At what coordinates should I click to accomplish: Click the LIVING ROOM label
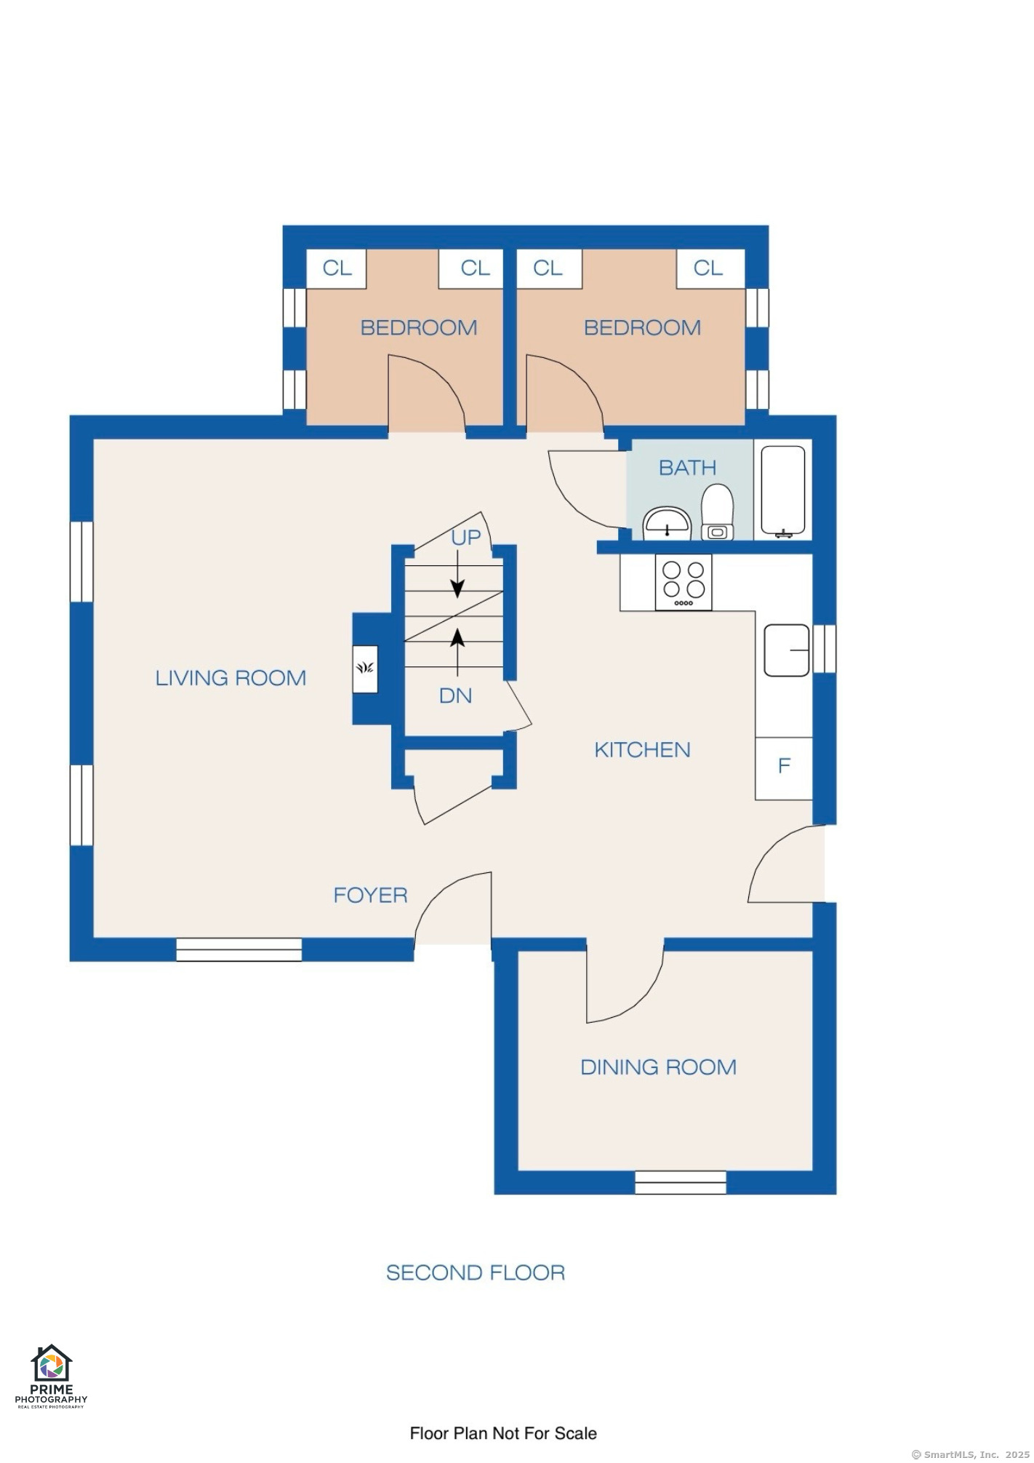pos(231,678)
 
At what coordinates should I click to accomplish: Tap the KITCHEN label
pos(642,750)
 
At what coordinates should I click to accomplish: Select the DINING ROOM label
pos(658,1067)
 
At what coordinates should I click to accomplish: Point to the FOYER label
pos(370,895)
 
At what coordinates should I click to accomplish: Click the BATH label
pos(687,468)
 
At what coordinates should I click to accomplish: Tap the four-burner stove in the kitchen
pos(684,582)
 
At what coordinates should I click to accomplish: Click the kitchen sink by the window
pos(787,650)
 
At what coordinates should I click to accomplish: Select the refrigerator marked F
pos(784,768)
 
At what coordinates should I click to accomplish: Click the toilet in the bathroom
pos(718,512)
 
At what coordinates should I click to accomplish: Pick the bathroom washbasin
pos(667,524)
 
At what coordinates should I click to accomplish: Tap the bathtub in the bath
pos(783,491)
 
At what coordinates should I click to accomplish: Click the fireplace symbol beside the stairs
pos(365,669)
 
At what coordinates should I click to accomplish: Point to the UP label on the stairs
pos(466,538)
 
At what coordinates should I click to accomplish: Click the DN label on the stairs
pos(456,696)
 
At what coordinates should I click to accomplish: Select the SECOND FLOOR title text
pos(476,1272)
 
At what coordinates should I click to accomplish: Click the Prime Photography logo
pos(51,1376)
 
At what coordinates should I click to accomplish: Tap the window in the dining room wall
pos(681,1182)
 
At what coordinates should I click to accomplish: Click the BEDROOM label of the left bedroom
pos(419,327)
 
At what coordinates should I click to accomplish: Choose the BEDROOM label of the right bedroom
pos(642,327)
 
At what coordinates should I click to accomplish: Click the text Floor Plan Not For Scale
pos(503,1433)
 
